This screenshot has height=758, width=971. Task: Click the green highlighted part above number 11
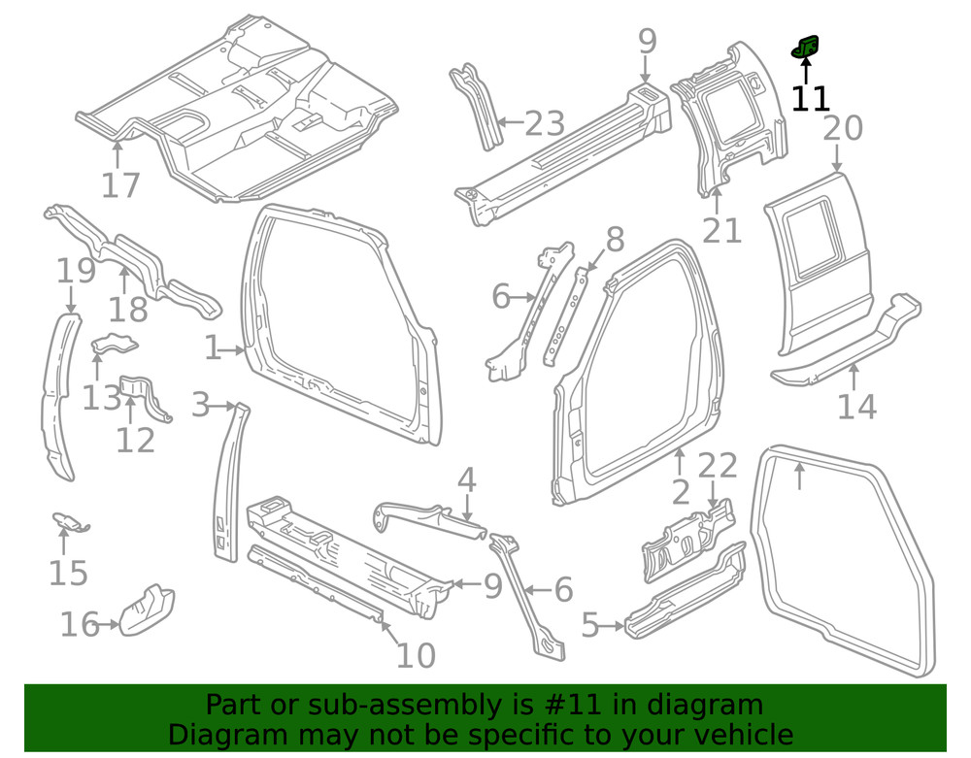click(x=806, y=46)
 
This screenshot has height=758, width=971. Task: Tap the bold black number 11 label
click(x=810, y=99)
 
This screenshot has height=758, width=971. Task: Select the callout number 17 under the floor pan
click(x=120, y=184)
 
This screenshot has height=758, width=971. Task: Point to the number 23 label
click(x=545, y=124)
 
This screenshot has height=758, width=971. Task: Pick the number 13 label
click(x=101, y=397)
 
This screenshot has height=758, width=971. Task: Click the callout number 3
click(x=200, y=405)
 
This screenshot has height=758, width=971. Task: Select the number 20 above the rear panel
click(x=842, y=129)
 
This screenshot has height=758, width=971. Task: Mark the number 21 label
click(x=721, y=230)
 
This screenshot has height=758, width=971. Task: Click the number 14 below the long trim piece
click(x=856, y=406)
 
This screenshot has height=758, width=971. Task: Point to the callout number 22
click(x=718, y=466)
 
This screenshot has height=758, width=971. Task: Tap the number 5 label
click(x=590, y=626)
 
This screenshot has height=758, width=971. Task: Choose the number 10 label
click(x=416, y=656)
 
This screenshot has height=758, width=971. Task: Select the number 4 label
click(x=467, y=479)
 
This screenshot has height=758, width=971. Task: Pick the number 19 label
click(x=76, y=270)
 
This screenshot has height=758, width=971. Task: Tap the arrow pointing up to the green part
click(x=806, y=70)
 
